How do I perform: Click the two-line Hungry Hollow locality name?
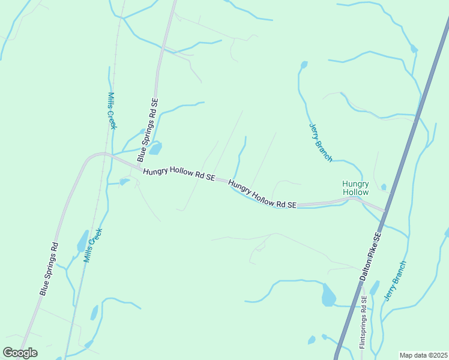point(355,188)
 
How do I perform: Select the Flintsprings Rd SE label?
point(363,326)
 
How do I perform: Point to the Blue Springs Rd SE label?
point(148,130)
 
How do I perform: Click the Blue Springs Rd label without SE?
point(49,268)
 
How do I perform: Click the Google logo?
point(20,353)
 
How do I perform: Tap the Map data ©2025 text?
point(424,355)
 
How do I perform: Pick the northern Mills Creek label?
point(112,110)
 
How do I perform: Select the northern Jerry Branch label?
point(321,143)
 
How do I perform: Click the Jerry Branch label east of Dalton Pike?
point(396,280)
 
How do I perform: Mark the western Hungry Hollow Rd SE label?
point(178,174)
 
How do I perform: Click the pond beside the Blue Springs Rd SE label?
point(155,148)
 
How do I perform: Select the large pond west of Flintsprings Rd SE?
point(328,295)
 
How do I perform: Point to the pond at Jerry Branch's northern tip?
point(304,64)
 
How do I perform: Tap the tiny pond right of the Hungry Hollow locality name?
point(384,187)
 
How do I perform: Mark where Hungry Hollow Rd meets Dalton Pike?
point(384,210)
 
